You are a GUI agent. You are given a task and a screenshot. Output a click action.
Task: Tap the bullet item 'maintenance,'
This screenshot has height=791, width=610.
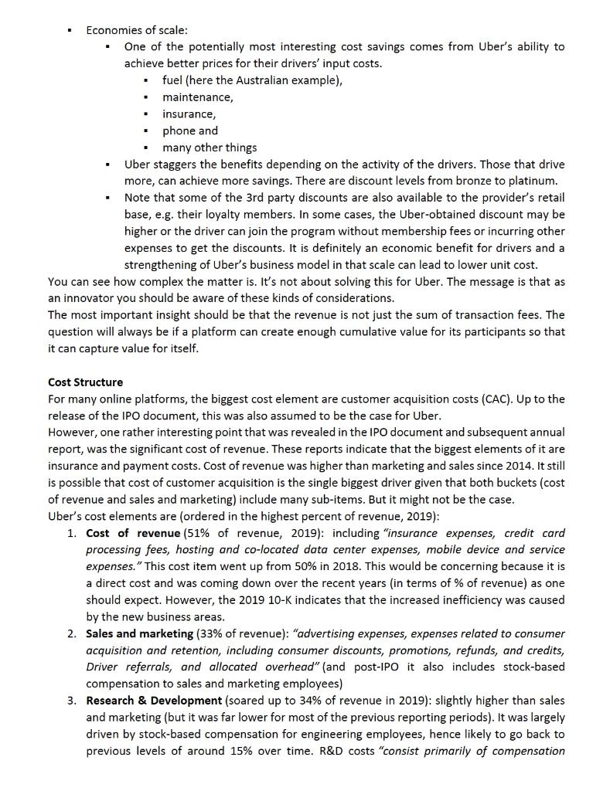(197, 97)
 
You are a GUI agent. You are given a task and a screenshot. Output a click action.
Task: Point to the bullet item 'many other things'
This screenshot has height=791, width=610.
(210, 148)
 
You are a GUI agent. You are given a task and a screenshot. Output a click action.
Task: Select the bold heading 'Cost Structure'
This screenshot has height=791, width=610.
(85, 382)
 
